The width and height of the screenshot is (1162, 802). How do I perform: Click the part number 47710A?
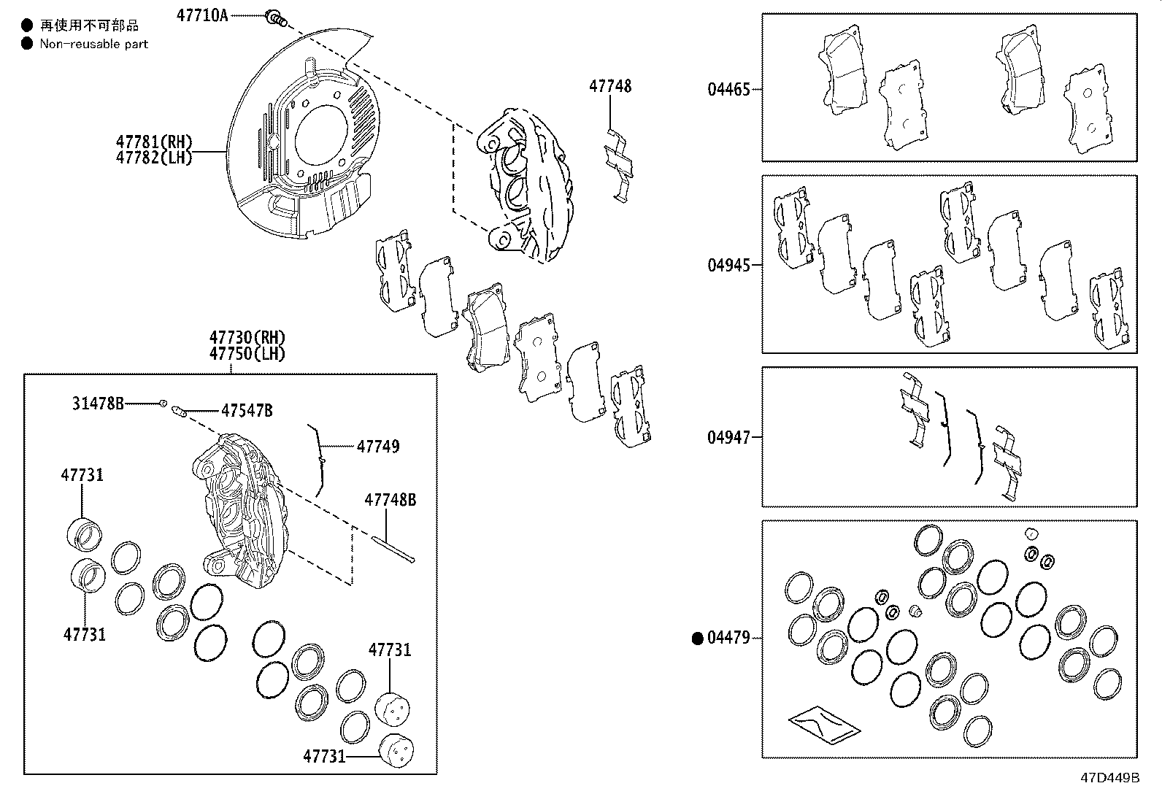click(202, 15)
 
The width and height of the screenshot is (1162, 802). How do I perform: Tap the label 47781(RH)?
click(153, 142)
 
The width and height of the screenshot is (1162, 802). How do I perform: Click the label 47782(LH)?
click(153, 157)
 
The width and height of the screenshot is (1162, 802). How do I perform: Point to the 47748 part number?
click(610, 86)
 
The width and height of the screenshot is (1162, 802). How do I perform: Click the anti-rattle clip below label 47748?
click(617, 164)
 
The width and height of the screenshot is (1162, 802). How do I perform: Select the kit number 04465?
click(728, 90)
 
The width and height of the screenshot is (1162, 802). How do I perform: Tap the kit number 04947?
click(728, 437)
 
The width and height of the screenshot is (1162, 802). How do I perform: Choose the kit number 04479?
click(728, 638)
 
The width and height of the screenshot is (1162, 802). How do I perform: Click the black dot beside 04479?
click(697, 639)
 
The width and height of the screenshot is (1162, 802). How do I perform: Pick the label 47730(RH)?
click(247, 337)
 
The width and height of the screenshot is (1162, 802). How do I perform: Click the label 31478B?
click(98, 403)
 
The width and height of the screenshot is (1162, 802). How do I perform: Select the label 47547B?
click(247, 411)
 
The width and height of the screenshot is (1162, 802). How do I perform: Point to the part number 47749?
click(378, 446)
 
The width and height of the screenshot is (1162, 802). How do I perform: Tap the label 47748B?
click(390, 500)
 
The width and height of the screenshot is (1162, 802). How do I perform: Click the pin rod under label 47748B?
click(394, 550)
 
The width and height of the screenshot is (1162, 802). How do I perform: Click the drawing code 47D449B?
click(1109, 777)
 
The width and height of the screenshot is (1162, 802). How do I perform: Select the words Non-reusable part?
click(93, 44)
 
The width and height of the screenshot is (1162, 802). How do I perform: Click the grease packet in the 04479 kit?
click(823, 722)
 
